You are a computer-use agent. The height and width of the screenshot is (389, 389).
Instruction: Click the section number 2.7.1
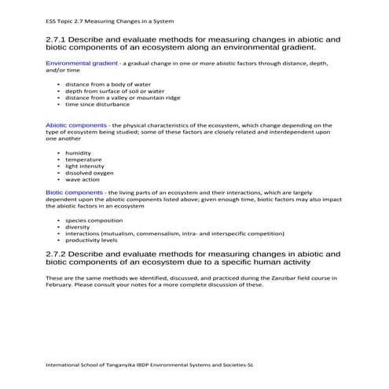[59, 39]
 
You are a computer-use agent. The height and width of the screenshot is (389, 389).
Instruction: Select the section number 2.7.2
[59, 255]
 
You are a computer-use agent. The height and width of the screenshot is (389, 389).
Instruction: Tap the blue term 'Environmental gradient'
[82, 62]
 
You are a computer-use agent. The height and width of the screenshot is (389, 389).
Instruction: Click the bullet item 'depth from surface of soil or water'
[109, 90]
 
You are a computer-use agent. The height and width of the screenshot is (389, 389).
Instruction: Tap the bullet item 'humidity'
[79, 152]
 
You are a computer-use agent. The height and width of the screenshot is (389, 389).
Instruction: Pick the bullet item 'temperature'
[83, 160]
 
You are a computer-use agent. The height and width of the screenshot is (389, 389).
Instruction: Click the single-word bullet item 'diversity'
[78, 227]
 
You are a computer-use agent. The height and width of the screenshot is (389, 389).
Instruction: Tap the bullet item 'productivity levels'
[91, 240]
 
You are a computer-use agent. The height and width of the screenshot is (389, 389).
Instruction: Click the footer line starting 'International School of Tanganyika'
[149, 365]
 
